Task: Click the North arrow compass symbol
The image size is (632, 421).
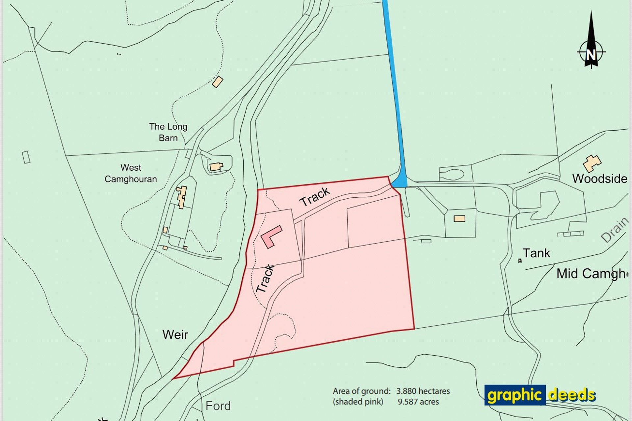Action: coord(591,46)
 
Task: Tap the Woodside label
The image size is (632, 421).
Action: coord(599,179)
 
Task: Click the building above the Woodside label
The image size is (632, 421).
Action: coord(592,163)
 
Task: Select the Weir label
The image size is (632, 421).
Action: coord(175,335)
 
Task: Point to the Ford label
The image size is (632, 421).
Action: coord(218,406)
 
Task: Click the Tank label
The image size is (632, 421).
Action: coord(536,253)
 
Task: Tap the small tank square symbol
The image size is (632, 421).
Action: coord(520,261)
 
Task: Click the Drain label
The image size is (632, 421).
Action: coord(615,230)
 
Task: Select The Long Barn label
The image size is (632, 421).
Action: coord(168,132)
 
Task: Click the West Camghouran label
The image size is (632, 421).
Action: coord(131,173)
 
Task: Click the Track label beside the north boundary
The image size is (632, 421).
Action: coord(315,196)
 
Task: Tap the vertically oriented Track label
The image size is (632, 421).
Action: coord(265,279)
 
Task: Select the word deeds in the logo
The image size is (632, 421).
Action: coord(572,395)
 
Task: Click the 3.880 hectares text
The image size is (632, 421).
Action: coord(423,391)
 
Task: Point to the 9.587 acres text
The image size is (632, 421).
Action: coord(418,402)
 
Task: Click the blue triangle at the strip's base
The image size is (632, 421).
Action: coord(401,181)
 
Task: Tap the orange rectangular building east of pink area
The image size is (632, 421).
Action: coord(459,219)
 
